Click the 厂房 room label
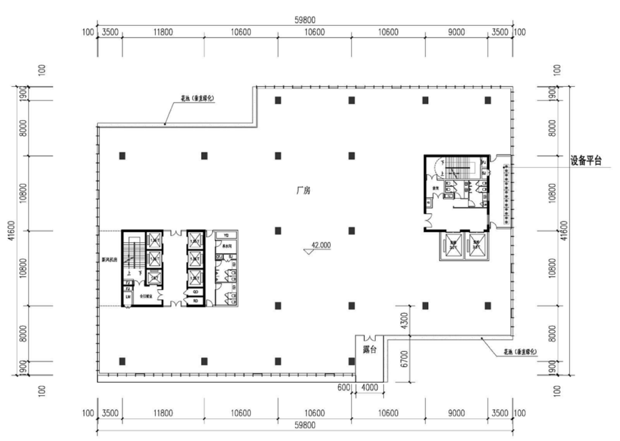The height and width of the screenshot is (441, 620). tap(303, 191)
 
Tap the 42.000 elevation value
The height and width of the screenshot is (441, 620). tap(321, 246)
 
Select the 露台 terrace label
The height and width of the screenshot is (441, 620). tap(370, 350)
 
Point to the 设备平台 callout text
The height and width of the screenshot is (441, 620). tap(586, 161)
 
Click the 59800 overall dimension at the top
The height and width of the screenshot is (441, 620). tap(305, 20)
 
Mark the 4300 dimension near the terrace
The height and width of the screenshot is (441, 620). tap(405, 320)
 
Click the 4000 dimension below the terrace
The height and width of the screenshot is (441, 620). tap(370, 388)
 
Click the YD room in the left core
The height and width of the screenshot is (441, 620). tap(226, 235)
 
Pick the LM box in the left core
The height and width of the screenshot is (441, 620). tap(128, 296)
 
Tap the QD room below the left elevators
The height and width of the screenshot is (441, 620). tap(195, 292)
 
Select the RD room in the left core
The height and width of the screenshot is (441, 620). tap(195, 300)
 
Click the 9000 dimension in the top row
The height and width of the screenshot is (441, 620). tap(456, 32)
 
